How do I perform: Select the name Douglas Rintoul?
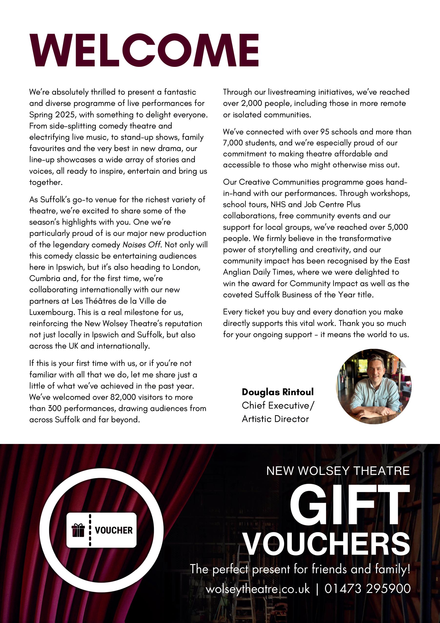[x=278, y=392]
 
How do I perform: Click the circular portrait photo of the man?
[x=374, y=386]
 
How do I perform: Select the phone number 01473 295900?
[x=367, y=589]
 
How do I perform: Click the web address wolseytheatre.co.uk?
[x=258, y=589]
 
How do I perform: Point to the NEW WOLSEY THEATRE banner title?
[x=338, y=471]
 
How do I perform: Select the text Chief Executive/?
[x=278, y=405]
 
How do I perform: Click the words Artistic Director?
[x=275, y=419]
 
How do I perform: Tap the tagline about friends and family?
[x=300, y=569]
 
